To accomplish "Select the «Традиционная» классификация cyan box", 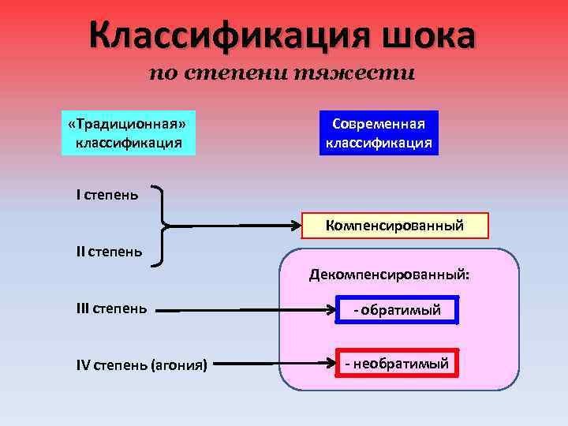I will pos(129,133).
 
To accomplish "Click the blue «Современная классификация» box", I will pos(379,133).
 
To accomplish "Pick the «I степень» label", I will pos(107,194).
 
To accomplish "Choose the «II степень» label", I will pos(110,252).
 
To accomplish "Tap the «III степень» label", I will pos(111,308).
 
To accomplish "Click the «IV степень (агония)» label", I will pos(142,364).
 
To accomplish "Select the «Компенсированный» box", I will pos(395,226).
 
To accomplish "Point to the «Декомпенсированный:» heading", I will pos(389,275).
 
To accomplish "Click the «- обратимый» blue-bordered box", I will pos(397,311).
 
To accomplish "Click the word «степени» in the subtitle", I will pos(240,74).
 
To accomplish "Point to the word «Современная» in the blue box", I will pos(379,125).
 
